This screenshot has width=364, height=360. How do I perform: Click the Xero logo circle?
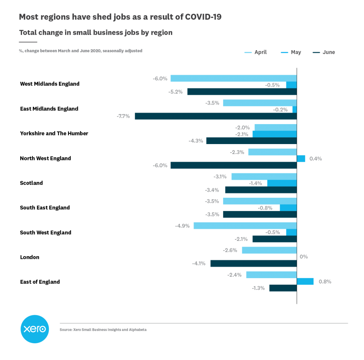point(34,329)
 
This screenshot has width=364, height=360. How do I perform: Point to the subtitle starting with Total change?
point(96,33)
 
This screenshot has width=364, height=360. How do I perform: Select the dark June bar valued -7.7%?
point(215,116)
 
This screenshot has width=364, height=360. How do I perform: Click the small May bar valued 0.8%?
point(305,281)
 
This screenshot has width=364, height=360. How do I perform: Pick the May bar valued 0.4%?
point(301,159)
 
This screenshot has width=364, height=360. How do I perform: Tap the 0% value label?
point(304,256)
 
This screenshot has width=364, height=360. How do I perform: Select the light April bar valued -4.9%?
point(245,226)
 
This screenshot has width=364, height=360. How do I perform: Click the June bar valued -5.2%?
point(242,91)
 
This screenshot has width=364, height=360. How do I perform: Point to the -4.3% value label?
point(196,141)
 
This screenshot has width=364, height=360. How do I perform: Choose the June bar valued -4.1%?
point(253,263)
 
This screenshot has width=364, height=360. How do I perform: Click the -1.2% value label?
point(258,288)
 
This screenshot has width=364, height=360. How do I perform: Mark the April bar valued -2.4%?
point(271,275)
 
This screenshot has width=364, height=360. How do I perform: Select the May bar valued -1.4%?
point(282,183)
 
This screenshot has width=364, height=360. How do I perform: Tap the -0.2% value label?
point(280,110)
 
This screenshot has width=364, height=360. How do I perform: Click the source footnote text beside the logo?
point(103,330)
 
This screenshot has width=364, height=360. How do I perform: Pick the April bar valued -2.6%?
point(269,250)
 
